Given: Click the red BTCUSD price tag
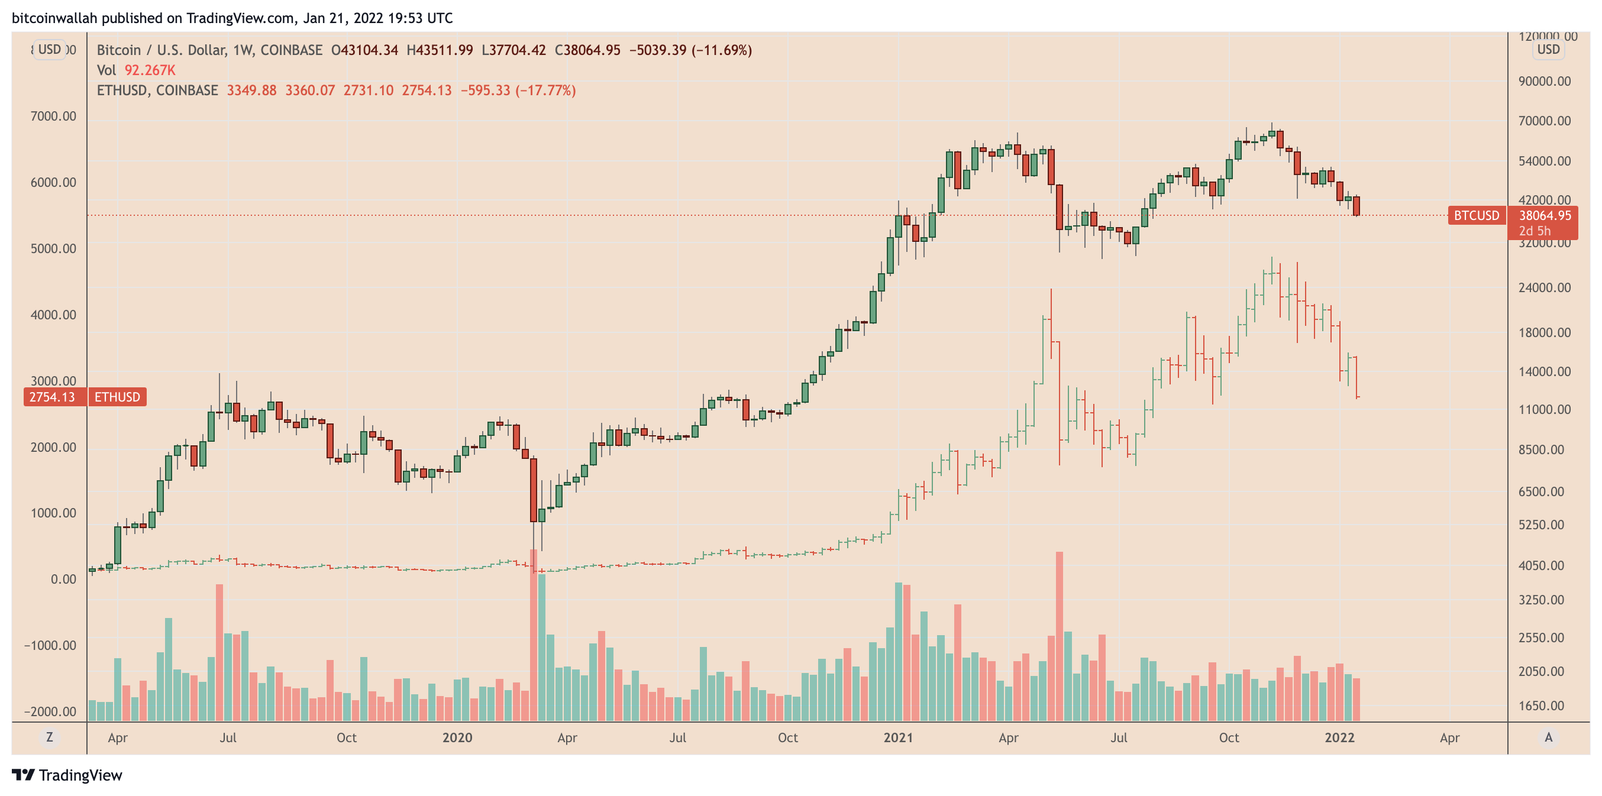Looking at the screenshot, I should coord(1476,216).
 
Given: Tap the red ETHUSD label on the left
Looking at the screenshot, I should coord(117,397).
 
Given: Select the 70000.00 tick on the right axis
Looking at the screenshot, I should coord(1544,121).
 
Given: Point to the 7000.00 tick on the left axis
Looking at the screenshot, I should coord(53,117).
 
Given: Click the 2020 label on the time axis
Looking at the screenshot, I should coord(457,737).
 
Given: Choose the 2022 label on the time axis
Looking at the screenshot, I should coord(1339,737).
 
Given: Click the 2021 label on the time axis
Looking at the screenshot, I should coord(898,737).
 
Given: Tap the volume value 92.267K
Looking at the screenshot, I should coord(150,70).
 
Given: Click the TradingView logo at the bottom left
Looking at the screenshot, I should coord(67,775).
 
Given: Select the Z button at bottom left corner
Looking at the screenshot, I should coord(49,737).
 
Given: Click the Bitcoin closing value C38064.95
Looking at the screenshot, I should coord(587,50).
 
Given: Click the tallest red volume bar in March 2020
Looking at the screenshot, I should coord(534,635).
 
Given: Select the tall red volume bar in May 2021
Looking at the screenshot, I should coord(1059,635).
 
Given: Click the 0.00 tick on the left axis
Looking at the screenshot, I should coord(63,579).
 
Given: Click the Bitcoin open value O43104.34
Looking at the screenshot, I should coord(364,50).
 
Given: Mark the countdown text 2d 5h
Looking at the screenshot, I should coord(1534,231).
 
